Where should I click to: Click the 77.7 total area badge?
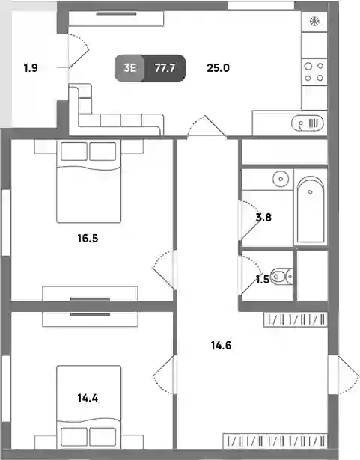[165, 68]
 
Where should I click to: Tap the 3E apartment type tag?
[129, 68]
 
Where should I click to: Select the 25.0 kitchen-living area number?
[218, 68]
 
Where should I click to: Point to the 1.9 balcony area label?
[31, 68]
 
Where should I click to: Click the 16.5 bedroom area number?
[88, 238]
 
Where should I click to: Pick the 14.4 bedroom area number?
[88, 398]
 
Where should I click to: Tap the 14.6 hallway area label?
[221, 346]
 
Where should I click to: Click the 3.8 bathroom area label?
[263, 218]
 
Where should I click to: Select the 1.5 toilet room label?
[262, 280]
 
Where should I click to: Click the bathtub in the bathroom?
[311, 209]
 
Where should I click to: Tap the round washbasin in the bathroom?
[281, 179]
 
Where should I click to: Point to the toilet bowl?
[281, 276]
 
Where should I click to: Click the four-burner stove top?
[314, 72]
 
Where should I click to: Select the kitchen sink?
[308, 123]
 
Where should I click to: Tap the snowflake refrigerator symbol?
[314, 22]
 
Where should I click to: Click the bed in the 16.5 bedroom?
[88, 181]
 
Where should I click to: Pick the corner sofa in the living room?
[116, 110]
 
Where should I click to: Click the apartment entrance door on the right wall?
[344, 375]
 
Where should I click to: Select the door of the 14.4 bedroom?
[164, 375]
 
